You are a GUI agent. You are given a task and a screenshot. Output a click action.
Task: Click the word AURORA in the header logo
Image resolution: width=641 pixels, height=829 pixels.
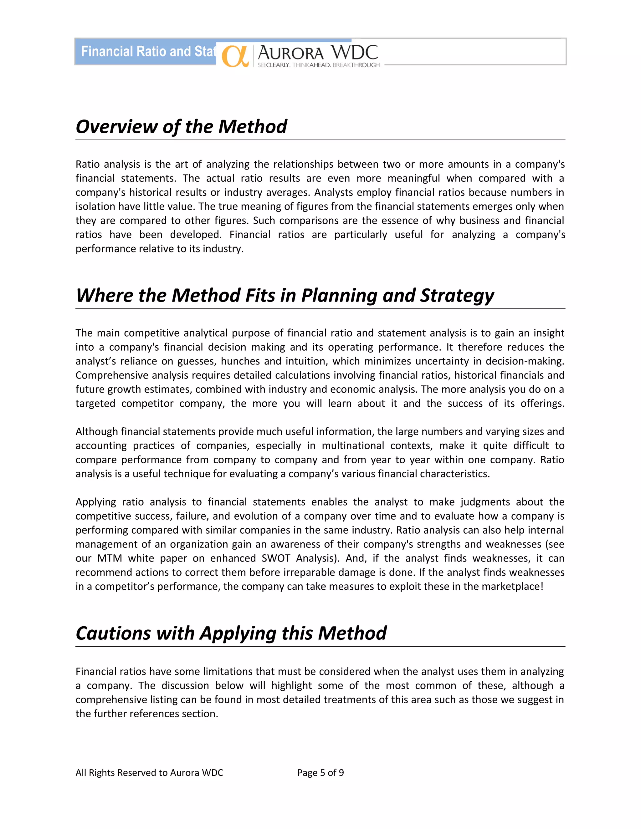(290, 53)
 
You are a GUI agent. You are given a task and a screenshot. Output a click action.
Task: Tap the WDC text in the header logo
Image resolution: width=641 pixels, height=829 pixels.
(354, 52)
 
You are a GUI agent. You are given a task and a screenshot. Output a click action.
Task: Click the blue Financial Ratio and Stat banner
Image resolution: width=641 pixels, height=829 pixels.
(148, 52)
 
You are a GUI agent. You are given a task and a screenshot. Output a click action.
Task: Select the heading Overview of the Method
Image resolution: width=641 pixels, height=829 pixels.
(181, 126)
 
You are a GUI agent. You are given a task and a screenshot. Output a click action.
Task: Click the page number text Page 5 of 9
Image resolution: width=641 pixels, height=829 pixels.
(320, 772)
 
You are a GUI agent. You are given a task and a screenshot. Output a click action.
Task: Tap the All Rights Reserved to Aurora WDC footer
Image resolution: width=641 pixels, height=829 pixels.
(149, 772)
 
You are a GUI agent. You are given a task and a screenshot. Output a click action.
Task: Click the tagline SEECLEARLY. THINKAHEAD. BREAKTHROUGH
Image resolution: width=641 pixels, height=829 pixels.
(319, 65)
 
